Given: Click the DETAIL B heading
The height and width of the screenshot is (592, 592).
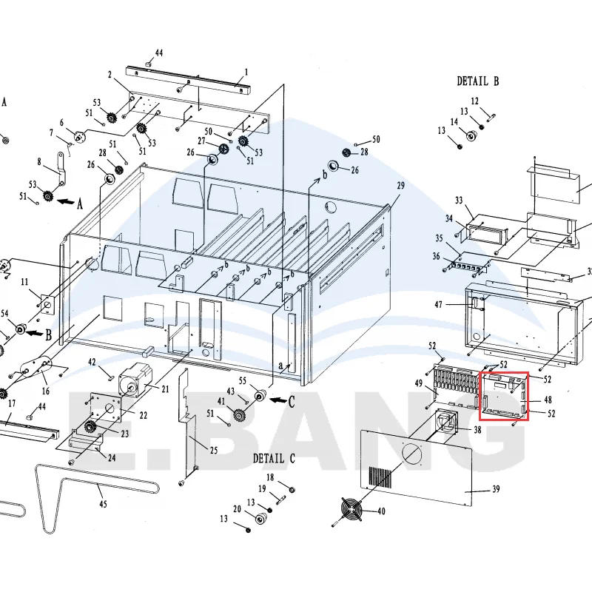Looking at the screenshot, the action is coord(477,81).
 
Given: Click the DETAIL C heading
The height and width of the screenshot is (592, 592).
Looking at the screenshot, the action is coord(274,458).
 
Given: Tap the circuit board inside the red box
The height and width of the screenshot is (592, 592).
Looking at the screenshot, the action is coord(504,396).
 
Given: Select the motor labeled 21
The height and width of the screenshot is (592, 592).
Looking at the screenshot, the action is coord(135,379).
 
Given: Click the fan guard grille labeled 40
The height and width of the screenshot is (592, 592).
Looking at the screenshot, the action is coord(352,510).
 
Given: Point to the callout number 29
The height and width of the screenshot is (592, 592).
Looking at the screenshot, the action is coord(400,186).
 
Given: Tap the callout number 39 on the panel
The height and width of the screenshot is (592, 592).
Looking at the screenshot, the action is coord(496,489).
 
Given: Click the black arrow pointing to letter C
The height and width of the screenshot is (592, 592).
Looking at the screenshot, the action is coord(279,400).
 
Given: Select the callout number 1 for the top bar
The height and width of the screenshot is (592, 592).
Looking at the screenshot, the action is coord(246,72).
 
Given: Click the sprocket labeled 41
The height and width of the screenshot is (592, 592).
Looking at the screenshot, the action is coord(238,416).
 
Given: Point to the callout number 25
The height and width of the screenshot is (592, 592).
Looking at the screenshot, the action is coord(214,450).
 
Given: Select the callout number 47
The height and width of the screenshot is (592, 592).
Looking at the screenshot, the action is coord(438,304).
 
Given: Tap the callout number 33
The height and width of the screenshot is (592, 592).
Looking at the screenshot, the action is coord(459,200).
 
